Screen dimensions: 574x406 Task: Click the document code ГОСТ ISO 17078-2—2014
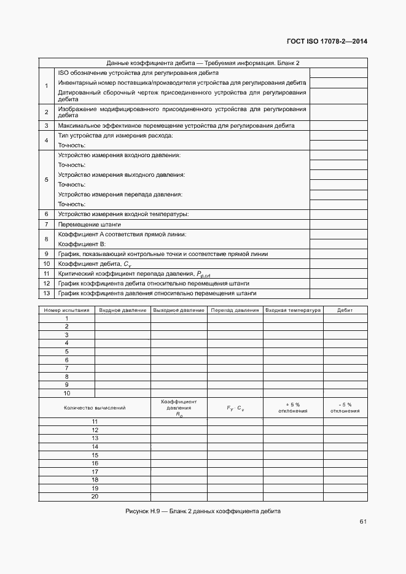pos(327,42)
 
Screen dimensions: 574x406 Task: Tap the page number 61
pos(363,522)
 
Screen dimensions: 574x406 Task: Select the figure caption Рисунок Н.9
pos(203,511)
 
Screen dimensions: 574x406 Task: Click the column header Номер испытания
pos(66,310)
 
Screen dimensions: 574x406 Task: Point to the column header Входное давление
pos(123,310)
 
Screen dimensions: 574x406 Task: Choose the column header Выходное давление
pos(179,310)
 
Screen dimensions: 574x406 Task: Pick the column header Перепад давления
pos(235,310)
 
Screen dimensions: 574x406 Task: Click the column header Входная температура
pos(293,310)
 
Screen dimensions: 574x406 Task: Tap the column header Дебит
pos(345,310)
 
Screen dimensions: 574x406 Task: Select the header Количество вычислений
pos(95,408)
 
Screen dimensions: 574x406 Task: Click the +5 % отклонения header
pos(293,408)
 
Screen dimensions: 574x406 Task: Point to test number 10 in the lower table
pos(66,393)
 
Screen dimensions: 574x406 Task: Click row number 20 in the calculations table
pos(95,497)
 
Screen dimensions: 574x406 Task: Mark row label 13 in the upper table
pos(46,293)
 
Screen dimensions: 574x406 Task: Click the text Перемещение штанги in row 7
pos(80,225)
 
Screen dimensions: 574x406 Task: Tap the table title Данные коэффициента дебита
pos(203,63)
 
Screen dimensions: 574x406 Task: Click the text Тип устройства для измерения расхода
pos(115,135)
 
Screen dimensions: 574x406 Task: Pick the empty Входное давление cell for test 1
pos(123,319)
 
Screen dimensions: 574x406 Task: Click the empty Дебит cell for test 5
pos(345,352)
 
